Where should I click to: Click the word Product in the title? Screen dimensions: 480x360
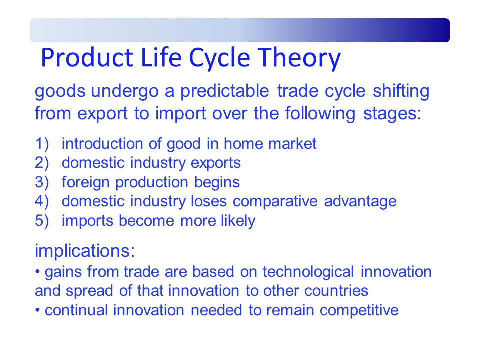pyautogui.click(x=87, y=57)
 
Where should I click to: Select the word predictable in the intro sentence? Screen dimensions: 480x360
pyautogui.click(x=224, y=92)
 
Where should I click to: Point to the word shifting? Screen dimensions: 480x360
pyautogui.click(x=401, y=92)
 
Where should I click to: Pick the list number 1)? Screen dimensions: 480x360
pyautogui.click(x=42, y=144)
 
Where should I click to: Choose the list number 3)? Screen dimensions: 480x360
pyautogui.click(x=42, y=182)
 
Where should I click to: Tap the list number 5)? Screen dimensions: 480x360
pyautogui.click(x=42, y=221)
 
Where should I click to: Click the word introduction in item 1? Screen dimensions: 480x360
pyautogui.click(x=102, y=144)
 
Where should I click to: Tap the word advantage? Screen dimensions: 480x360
pyautogui.click(x=360, y=202)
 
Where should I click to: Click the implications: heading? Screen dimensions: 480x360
pyautogui.click(x=85, y=251)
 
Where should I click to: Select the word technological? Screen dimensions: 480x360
pyautogui.click(x=308, y=272)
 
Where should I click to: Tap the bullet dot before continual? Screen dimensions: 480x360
pyautogui.click(x=37, y=310)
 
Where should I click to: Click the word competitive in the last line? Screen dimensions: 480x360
pyautogui.click(x=359, y=310)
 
